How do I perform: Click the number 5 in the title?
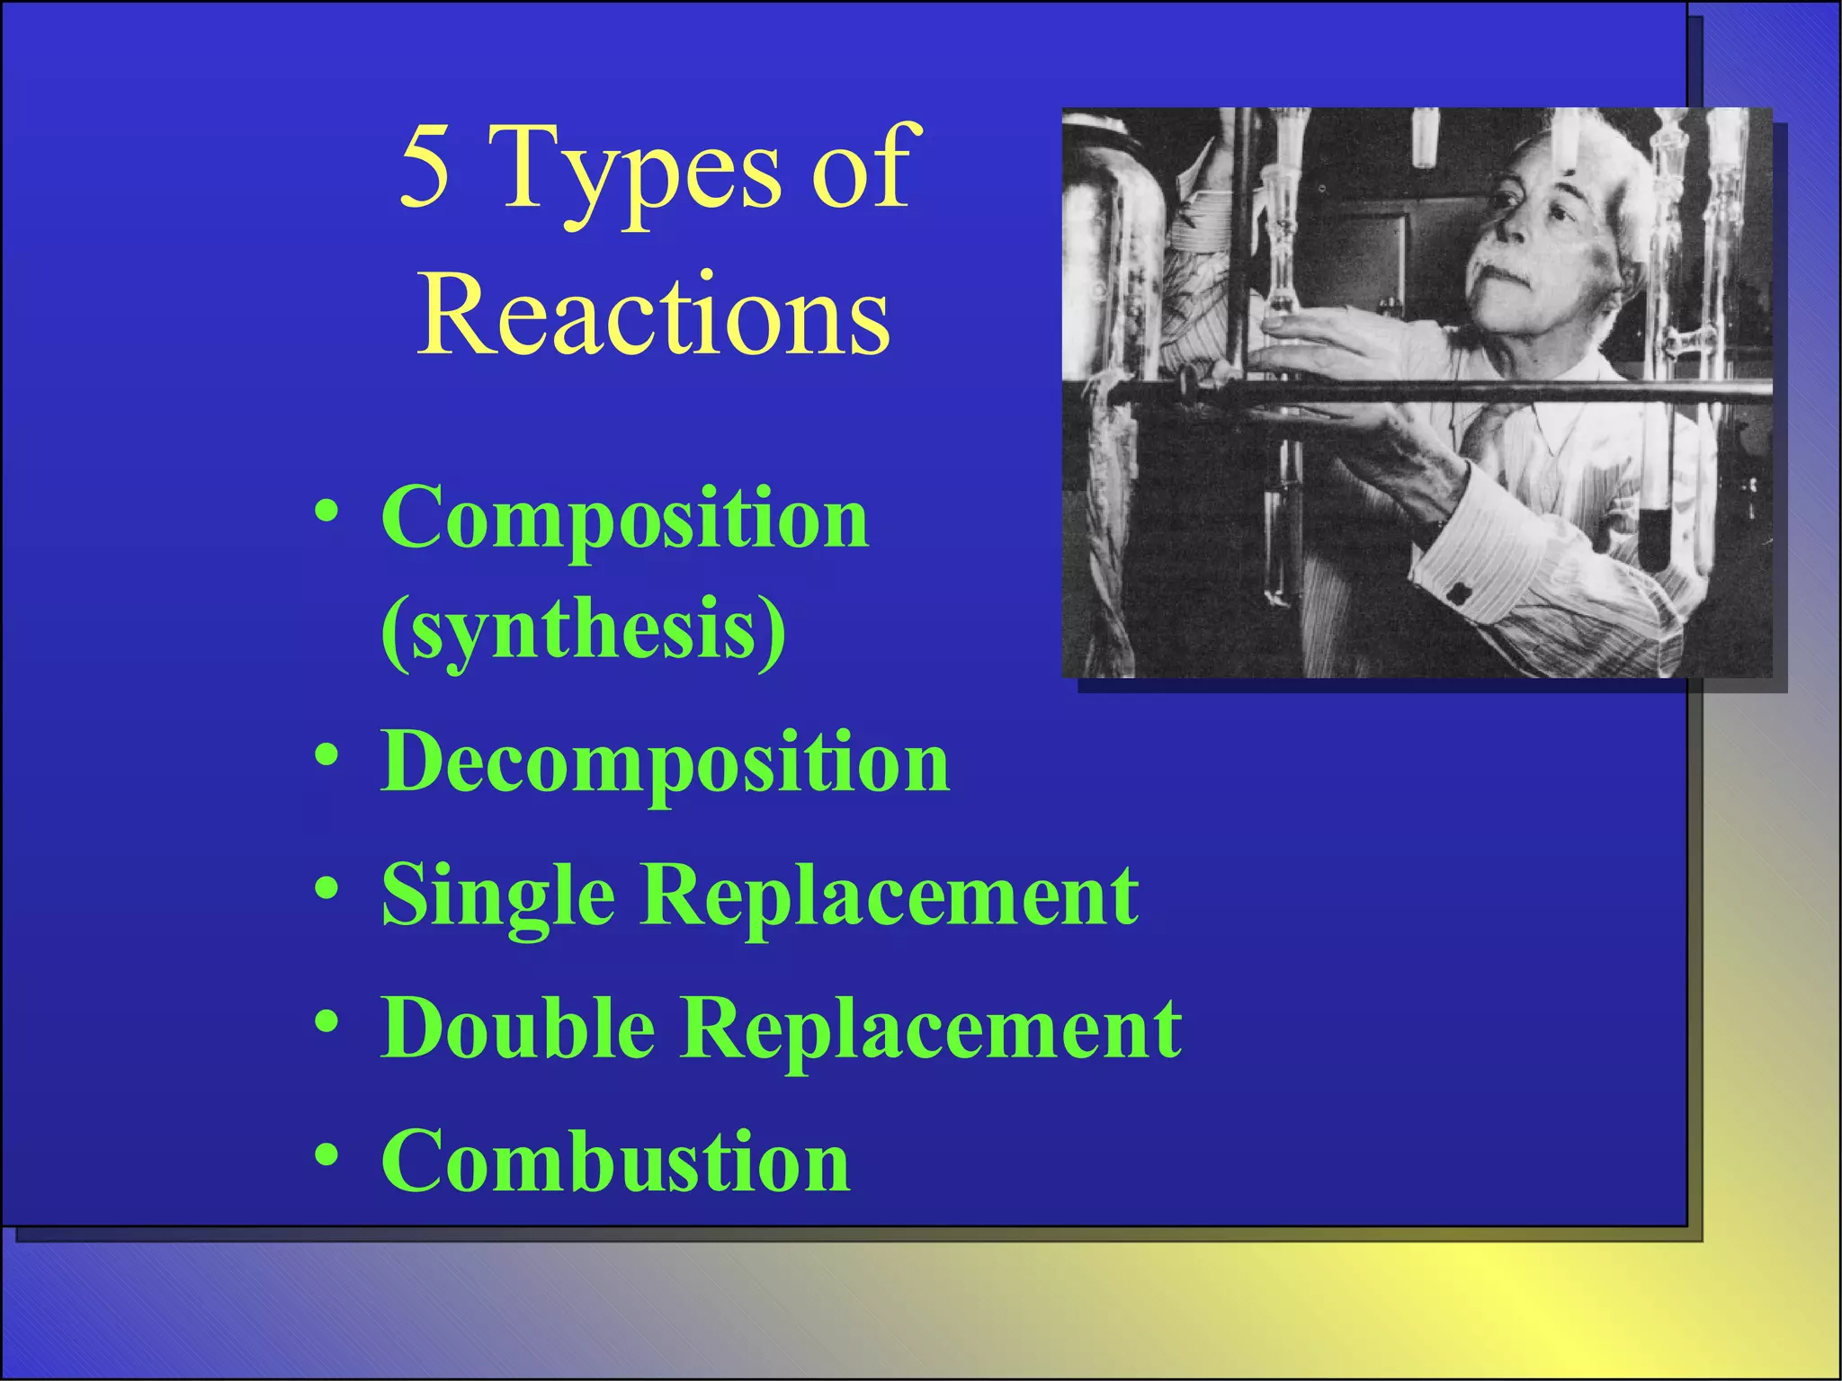click(x=425, y=166)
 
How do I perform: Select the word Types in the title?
click(x=639, y=171)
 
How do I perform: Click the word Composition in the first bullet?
click(x=625, y=519)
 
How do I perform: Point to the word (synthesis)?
click(x=584, y=630)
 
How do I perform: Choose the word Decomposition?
click(x=665, y=762)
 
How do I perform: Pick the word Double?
click(x=518, y=1029)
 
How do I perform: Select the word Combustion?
click(x=615, y=1161)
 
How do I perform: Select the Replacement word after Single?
click(x=891, y=896)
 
